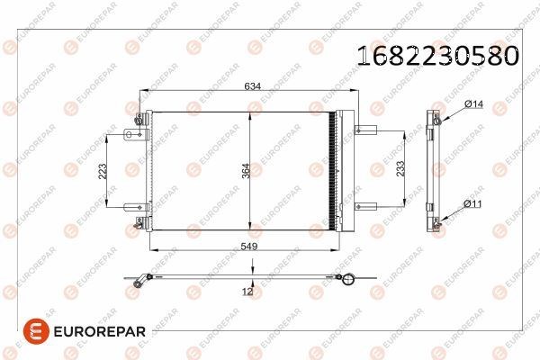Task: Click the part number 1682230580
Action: tap(437, 56)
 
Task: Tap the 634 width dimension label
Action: tap(252, 86)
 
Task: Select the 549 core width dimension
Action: tap(249, 247)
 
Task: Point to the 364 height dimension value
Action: tap(246, 171)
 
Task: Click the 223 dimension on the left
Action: tap(103, 171)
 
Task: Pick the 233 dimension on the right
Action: tap(400, 169)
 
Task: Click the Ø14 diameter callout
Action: tap(474, 103)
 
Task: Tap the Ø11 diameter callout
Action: tap(472, 204)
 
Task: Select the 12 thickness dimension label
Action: tap(247, 292)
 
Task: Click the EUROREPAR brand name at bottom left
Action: tap(100, 332)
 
